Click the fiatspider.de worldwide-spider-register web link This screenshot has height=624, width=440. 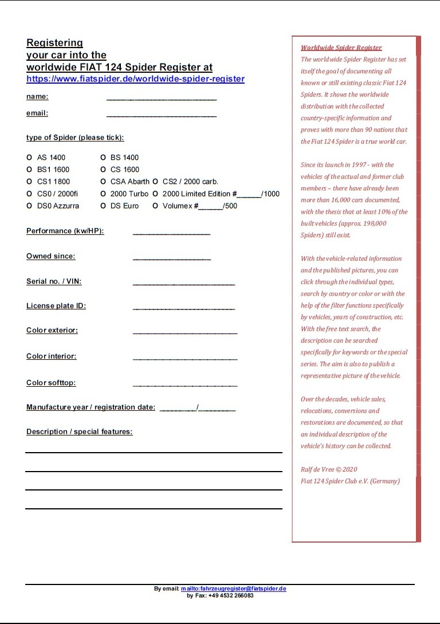(135, 79)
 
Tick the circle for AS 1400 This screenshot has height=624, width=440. (29, 158)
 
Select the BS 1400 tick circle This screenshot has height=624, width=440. (103, 158)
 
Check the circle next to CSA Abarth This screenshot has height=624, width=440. (103, 182)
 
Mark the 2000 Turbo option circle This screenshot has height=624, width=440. (103, 194)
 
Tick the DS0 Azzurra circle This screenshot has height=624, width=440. (29, 206)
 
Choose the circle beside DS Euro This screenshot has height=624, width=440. (103, 206)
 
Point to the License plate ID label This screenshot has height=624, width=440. (56, 306)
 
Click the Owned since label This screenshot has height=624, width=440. (50, 256)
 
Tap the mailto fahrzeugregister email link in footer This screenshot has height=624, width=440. (233, 589)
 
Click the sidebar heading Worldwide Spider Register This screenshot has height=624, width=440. (341, 48)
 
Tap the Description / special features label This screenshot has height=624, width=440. (79, 431)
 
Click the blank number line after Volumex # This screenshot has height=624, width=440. (210, 207)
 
